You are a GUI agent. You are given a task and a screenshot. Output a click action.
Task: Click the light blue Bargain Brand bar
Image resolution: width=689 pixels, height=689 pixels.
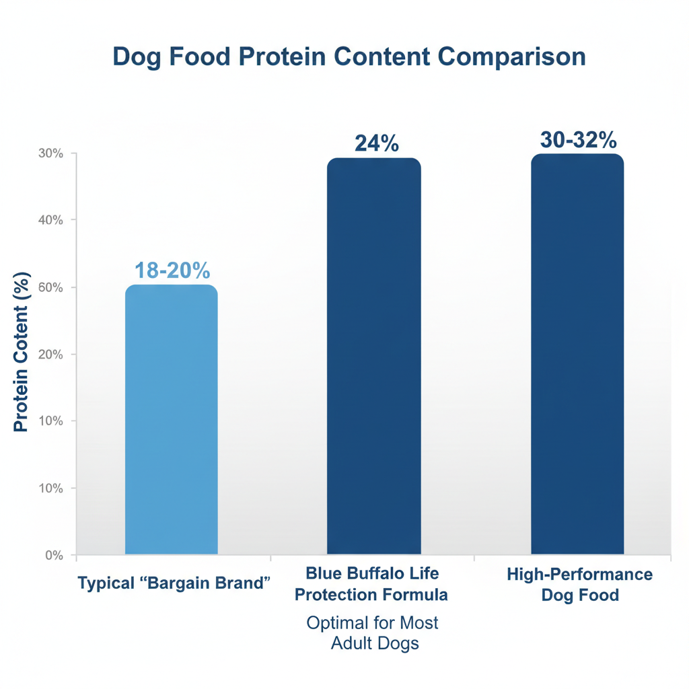pyautogui.click(x=172, y=421)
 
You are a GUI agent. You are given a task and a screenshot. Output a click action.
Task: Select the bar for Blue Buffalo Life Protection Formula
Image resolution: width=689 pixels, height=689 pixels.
pyautogui.click(x=373, y=357)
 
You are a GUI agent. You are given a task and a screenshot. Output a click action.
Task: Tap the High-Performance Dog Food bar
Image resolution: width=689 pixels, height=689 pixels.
pyautogui.click(x=577, y=355)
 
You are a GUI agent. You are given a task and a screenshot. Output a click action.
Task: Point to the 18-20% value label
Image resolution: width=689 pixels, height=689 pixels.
pyautogui.click(x=172, y=270)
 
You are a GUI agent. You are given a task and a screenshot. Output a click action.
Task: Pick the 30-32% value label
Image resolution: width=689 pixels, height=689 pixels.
pyautogui.click(x=578, y=140)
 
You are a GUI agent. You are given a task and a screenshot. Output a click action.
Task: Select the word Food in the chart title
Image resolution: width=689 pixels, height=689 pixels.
pyautogui.click(x=201, y=57)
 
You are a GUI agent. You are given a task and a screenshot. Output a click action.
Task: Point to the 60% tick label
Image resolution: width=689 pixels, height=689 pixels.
pyautogui.click(x=50, y=287)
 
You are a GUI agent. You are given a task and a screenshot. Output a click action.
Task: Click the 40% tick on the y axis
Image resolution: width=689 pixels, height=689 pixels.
pyautogui.click(x=50, y=220)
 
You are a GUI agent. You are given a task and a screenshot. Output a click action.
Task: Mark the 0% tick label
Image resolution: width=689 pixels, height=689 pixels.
pyautogui.click(x=53, y=555)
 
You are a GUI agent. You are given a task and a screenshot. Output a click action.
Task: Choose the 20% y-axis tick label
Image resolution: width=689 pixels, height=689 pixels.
pyautogui.click(x=50, y=355)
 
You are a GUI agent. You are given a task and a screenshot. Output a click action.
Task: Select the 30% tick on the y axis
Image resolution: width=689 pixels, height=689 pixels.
pyautogui.click(x=50, y=153)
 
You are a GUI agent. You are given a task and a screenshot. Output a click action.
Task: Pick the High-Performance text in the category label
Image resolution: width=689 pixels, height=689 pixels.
pyautogui.click(x=579, y=575)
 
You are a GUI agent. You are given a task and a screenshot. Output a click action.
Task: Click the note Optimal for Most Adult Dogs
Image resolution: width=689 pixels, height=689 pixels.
pyautogui.click(x=373, y=632)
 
